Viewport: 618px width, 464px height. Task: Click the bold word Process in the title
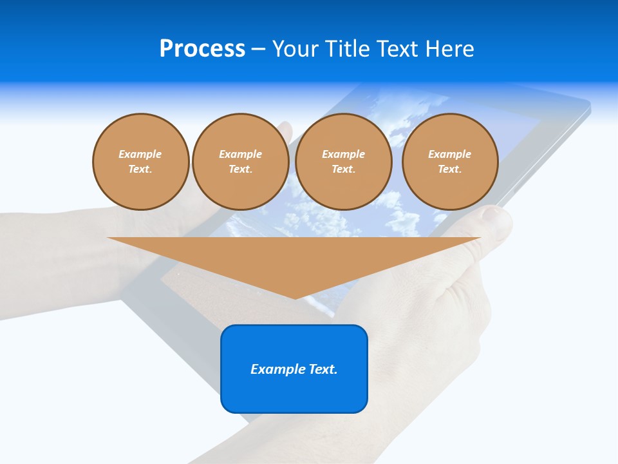click(202, 49)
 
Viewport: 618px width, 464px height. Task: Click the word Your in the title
click(296, 49)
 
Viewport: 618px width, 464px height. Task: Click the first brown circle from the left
click(141, 162)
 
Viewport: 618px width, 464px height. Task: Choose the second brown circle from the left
click(241, 162)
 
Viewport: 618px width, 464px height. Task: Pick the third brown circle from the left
click(344, 162)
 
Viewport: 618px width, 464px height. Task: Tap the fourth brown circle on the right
click(450, 162)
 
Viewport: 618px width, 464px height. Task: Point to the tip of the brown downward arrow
click(295, 298)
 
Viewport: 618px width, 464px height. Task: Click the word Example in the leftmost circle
click(140, 154)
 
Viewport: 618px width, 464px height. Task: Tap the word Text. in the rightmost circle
click(450, 169)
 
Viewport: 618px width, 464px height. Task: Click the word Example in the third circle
click(344, 154)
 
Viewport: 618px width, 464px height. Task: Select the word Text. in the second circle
click(241, 169)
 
